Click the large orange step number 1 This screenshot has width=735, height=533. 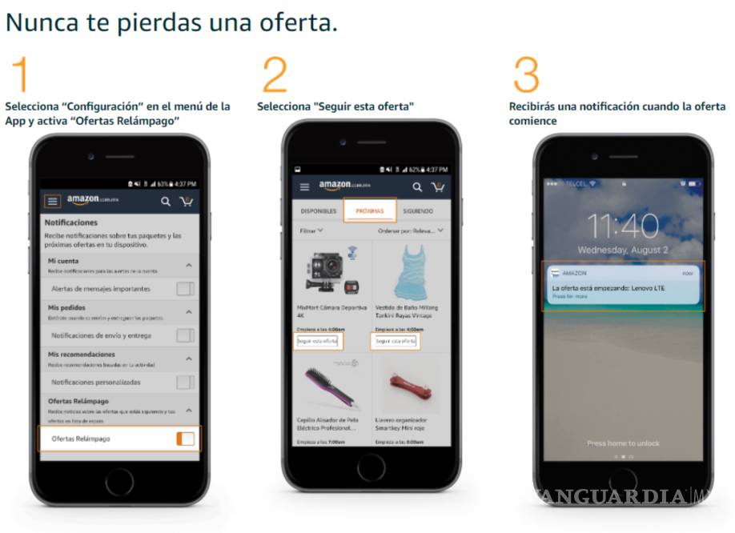pos(21,74)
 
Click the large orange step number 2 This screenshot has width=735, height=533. pos(275,74)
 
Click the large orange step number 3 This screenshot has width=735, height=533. pos(526,74)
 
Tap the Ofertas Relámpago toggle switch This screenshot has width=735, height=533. pos(185,439)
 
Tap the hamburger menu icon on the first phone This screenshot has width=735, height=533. pos(53,201)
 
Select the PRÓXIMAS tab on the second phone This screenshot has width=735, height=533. pos(370,211)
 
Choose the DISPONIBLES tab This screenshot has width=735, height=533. pos(318,211)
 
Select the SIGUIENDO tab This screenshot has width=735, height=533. pos(418,211)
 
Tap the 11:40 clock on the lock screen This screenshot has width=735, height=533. pos(623,226)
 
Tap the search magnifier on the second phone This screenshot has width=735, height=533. pos(416,187)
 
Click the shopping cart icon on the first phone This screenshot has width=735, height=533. pos(187,201)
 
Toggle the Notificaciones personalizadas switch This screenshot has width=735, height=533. pos(185,383)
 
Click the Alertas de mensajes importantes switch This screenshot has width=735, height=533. pos(185,289)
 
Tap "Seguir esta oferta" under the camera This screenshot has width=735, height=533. pos(318,341)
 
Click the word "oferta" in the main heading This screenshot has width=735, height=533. pos(297,22)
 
